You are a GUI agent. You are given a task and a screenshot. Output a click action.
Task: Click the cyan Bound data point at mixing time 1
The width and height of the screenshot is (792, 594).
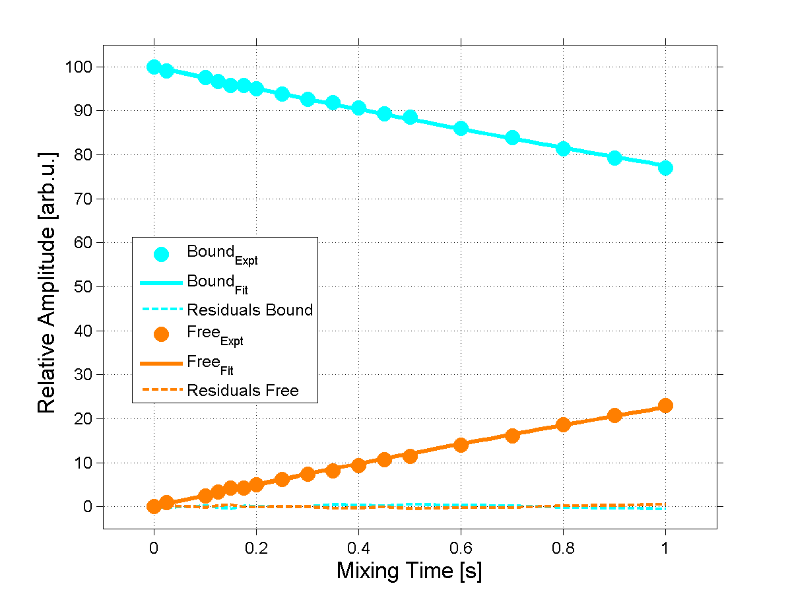click(x=665, y=168)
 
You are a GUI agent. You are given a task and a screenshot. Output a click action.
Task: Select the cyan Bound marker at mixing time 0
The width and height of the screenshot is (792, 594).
click(x=154, y=67)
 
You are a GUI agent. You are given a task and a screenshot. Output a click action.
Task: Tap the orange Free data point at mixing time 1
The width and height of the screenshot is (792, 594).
click(x=665, y=405)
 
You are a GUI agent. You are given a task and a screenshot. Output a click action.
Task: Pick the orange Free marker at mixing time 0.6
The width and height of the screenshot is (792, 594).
click(x=461, y=445)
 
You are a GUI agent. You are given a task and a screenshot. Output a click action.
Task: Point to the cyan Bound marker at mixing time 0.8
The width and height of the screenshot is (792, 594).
click(x=563, y=148)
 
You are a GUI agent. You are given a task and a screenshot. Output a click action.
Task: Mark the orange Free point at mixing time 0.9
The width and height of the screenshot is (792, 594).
click(x=614, y=415)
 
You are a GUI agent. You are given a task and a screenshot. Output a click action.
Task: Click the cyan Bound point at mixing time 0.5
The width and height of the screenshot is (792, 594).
click(x=410, y=117)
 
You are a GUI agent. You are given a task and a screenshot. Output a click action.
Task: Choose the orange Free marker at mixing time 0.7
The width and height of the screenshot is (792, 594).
click(x=512, y=435)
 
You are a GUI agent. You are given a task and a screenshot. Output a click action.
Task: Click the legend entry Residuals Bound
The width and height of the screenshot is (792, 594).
click(x=249, y=310)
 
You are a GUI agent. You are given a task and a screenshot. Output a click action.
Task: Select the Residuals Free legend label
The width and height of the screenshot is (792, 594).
click(x=242, y=391)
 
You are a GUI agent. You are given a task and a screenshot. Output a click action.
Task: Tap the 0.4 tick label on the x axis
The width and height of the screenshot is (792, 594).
click(x=358, y=547)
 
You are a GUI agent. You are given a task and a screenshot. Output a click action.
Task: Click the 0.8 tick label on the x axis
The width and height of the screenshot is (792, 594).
click(x=563, y=547)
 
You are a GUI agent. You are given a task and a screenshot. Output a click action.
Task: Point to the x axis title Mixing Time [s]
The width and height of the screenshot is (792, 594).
click(x=409, y=570)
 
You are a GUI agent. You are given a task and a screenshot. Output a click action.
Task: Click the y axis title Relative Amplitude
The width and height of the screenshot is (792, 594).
click(x=47, y=282)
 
